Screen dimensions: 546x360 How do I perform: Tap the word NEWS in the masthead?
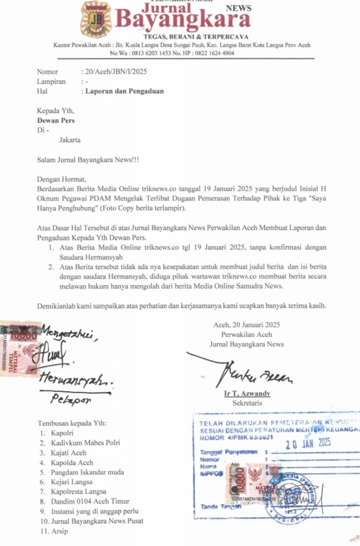pyautogui.click(x=238, y=9)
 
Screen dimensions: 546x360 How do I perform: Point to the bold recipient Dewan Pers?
pyautogui.click(x=56, y=120)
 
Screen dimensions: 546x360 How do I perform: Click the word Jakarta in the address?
pyautogui.click(x=69, y=139)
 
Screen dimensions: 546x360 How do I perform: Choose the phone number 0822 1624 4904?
pyautogui.click(x=212, y=53)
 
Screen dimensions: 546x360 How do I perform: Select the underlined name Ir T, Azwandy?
pyautogui.click(x=246, y=393)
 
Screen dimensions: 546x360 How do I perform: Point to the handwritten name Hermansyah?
pyautogui.click(x=75, y=379)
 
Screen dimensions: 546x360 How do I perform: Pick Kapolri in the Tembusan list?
pyautogui.click(x=61, y=433)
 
